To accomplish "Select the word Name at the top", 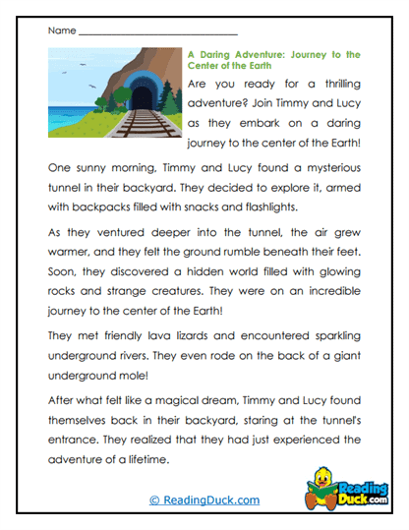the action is [61, 30].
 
